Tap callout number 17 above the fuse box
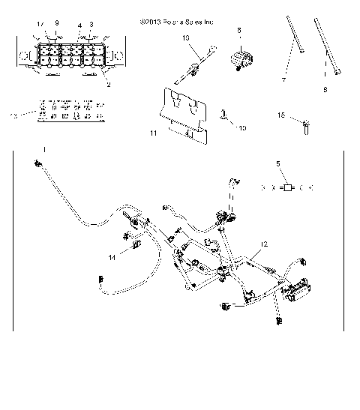[x=40, y=25]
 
